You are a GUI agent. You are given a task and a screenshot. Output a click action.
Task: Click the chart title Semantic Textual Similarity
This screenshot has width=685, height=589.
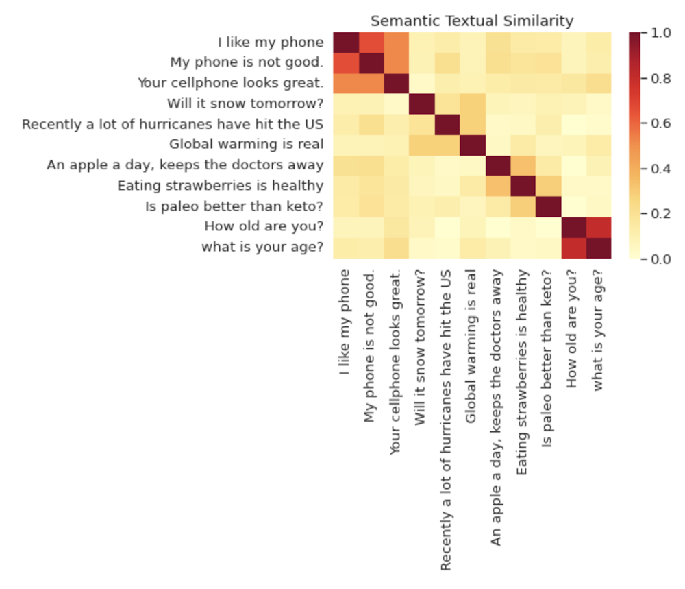click(472, 21)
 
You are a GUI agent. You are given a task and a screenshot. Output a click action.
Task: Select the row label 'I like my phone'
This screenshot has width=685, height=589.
click(271, 43)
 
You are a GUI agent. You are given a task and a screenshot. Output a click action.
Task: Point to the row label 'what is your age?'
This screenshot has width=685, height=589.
click(262, 248)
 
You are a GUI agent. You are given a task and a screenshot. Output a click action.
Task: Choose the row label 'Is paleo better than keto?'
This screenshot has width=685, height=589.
click(234, 206)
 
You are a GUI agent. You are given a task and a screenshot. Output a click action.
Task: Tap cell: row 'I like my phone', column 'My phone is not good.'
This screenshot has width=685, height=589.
click(371, 43)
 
